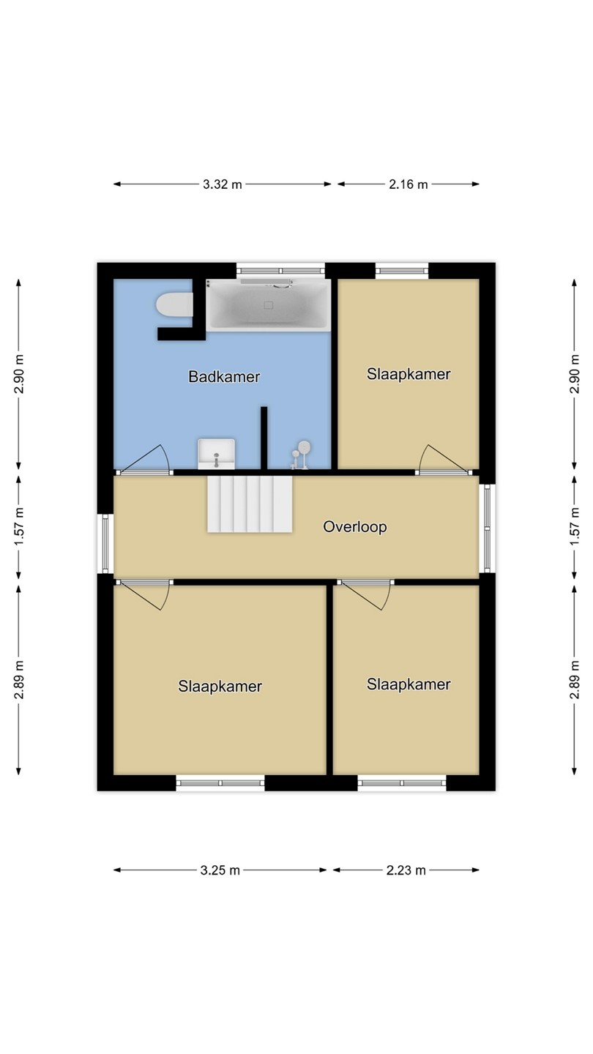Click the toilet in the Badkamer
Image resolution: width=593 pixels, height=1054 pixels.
tap(174, 305)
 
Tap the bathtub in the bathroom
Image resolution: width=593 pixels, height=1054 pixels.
tap(268, 304)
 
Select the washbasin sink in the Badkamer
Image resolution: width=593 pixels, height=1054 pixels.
tap(217, 454)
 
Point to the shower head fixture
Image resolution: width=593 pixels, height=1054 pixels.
tap(301, 455)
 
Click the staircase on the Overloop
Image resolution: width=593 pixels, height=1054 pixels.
tap(250, 504)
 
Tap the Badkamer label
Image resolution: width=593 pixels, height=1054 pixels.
tap(224, 376)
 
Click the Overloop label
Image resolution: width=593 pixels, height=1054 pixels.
tap(355, 526)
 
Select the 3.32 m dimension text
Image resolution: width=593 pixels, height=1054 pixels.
tap(222, 184)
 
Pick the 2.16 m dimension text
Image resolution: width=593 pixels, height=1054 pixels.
tap(408, 184)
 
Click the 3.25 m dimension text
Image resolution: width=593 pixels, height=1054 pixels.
tap(220, 870)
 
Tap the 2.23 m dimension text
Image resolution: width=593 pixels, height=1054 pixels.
tap(406, 870)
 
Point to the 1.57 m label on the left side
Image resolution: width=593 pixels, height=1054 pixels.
tap(18, 527)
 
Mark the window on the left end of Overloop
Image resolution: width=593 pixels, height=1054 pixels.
tap(105, 544)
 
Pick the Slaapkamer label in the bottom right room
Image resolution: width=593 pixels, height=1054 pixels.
tap(409, 684)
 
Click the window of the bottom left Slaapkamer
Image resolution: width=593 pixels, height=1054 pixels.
tap(220, 783)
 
